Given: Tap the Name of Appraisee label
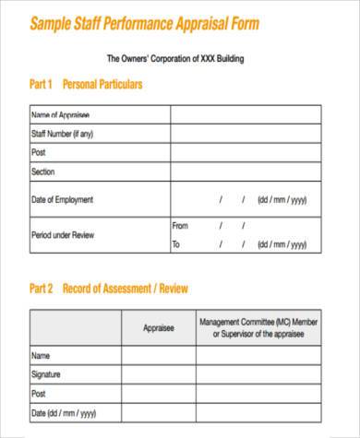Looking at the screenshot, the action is click(61, 115).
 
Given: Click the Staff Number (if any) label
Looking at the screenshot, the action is click(63, 134).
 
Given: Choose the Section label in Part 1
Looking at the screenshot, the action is click(43, 172).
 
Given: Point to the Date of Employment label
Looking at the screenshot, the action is click(63, 199).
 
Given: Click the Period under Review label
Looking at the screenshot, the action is click(63, 234).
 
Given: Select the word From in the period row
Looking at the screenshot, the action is click(180, 225).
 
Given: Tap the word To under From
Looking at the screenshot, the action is click(176, 244).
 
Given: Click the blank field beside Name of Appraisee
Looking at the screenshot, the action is click(245, 115).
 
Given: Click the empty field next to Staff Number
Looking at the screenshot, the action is click(245, 134).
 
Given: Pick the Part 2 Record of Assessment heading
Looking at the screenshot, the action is click(109, 289).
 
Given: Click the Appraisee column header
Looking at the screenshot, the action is click(159, 326).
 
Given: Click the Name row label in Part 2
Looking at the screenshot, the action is click(41, 355).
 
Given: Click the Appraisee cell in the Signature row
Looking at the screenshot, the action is click(159, 374).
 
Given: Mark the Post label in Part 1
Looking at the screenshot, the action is click(39, 153).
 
